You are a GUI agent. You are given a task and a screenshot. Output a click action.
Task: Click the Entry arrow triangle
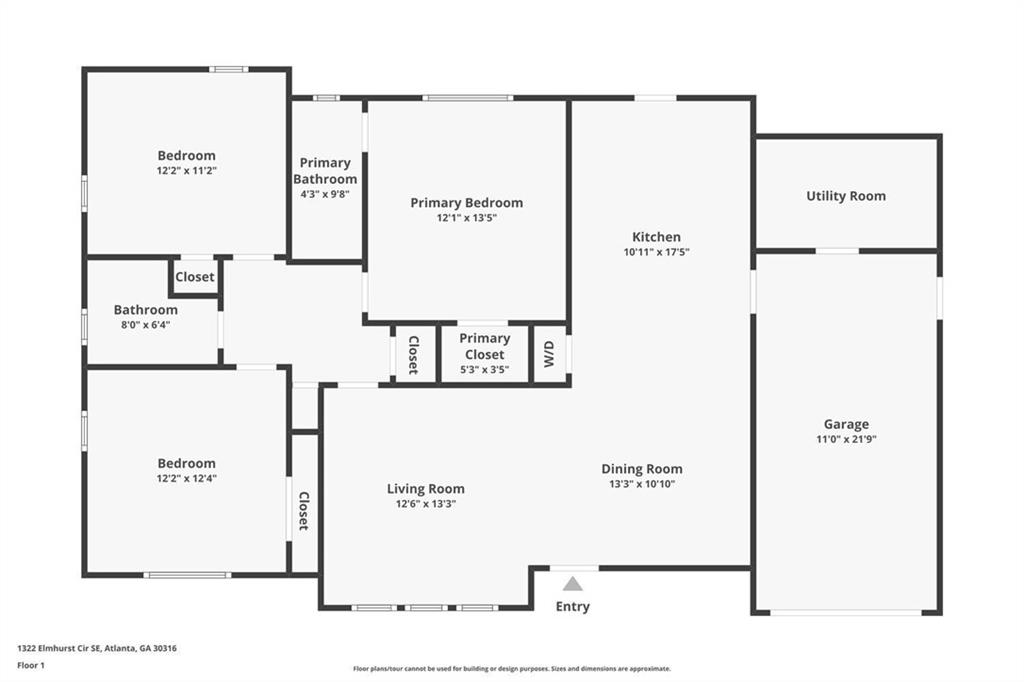click(x=573, y=584)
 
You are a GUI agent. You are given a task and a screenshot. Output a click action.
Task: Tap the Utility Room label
click(x=846, y=196)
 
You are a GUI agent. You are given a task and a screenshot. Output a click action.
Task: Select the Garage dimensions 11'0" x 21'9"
click(x=846, y=440)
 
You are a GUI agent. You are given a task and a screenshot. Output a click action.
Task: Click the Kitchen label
click(x=656, y=237)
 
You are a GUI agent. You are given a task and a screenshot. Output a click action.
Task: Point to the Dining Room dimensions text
click(x=641, y=484)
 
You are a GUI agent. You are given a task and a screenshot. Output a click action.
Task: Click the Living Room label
click(x=426, y=489)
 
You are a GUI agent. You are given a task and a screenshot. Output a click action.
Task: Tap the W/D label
click(x=549, y=354)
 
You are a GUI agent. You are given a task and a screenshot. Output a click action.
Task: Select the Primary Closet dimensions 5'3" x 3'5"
click(x=485, y=370)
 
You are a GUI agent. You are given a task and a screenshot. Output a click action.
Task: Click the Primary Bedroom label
click(x=466, y=203)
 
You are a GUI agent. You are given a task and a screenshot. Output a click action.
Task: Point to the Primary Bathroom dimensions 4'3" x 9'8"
click(x=325, y=194)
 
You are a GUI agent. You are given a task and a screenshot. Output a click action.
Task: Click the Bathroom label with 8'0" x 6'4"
click(x=146, y=310)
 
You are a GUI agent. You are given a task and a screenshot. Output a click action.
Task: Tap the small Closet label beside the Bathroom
click(x=195, y=276)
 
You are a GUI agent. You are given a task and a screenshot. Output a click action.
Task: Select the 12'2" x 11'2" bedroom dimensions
click(x=186, y=170)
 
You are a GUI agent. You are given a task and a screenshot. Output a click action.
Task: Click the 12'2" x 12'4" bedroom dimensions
click(x=186, y=478)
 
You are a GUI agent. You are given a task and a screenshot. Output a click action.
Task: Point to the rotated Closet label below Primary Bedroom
click(x=413, y=355)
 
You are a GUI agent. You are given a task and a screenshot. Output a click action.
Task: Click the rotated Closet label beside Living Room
click(x=304, y=511)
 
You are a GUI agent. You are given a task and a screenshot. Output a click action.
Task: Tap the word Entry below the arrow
click(x=573, y=606)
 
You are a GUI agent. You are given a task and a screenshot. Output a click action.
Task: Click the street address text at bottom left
click(x=97, y=649)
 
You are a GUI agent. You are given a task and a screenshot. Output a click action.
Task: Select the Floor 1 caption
click(x=31, y=666)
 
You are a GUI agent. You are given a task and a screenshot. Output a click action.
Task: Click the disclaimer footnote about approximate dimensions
click(x=512, y=668)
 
